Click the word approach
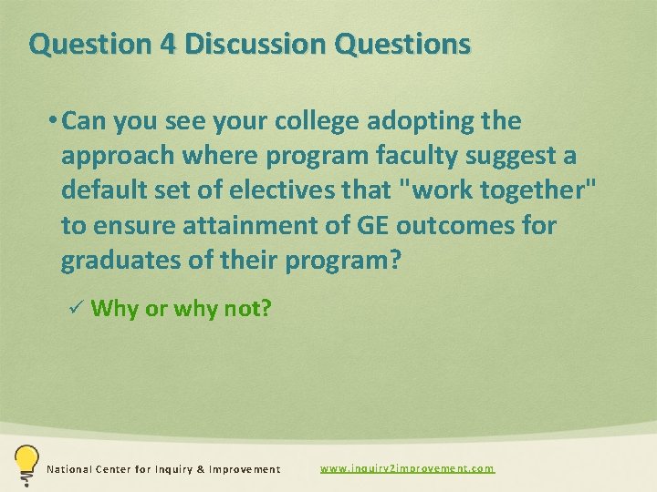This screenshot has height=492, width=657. click(118, 157)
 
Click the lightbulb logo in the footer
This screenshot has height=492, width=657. click(26, 465)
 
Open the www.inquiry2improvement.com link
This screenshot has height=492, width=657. click(407, 468)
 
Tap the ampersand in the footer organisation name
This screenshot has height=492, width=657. click(196, 469)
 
